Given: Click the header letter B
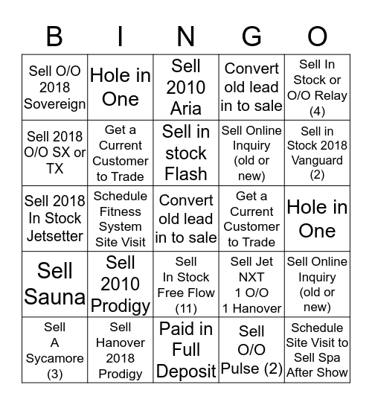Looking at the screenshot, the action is point(54,36).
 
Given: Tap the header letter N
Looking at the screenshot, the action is point(186,36).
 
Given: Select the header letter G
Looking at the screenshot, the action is point(251,36).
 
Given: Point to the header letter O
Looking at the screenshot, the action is point(318,36).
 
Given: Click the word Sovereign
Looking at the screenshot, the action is point(55,104).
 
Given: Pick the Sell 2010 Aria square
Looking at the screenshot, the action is point(186,87).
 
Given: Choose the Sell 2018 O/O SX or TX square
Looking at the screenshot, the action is point(55,153).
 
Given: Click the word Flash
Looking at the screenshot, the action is point(186,174).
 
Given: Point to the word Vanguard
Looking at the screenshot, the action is point(318,160).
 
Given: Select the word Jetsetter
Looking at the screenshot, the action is point(55,233).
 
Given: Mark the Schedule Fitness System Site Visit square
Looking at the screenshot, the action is point(121,218).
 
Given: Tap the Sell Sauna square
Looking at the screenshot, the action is point(55,284).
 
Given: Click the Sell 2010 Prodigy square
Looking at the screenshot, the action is point(121,284).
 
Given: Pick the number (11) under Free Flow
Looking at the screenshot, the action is point(186,308).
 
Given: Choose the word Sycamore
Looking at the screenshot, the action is point(55,358).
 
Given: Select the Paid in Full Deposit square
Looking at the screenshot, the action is point(186,350).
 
